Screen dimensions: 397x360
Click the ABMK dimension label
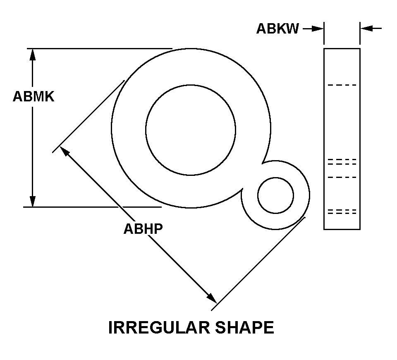pos(33,96)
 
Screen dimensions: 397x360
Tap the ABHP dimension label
pos(143,229)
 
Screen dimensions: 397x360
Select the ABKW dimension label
pos(277,29)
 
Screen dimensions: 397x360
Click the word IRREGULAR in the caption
pos(159,327)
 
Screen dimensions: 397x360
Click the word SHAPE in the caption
pos(245,327)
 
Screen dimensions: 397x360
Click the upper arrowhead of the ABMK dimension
pos(32,54)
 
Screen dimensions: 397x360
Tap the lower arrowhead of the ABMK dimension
pos(32,201)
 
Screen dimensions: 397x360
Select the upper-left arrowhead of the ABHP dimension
pos(65,151)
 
